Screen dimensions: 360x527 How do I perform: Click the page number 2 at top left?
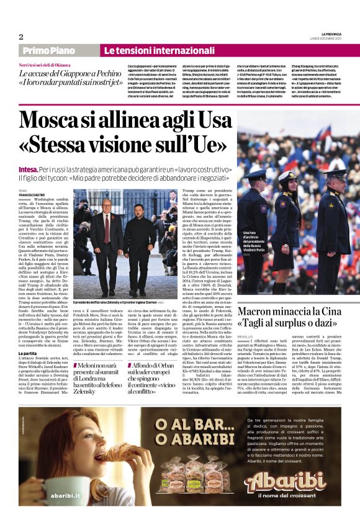(21, 37)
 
